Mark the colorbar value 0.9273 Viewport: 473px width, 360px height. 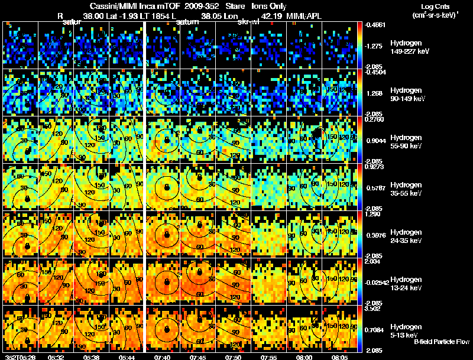coord(374,167)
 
